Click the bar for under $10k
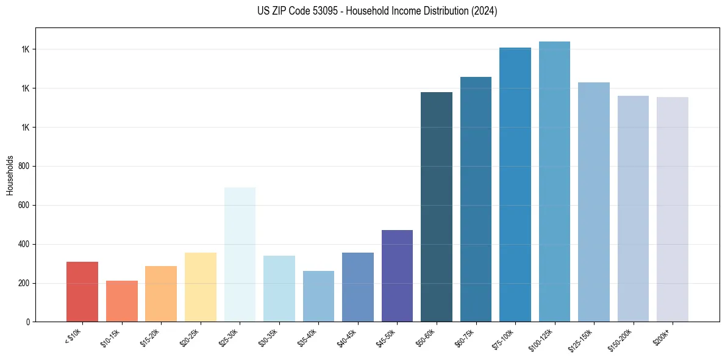[x=82, y=292]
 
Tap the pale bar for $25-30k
[x=240, y=254]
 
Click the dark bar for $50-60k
[x=437, y=207]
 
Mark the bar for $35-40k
[x=318, y=296]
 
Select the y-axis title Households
[x=10, y=175]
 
